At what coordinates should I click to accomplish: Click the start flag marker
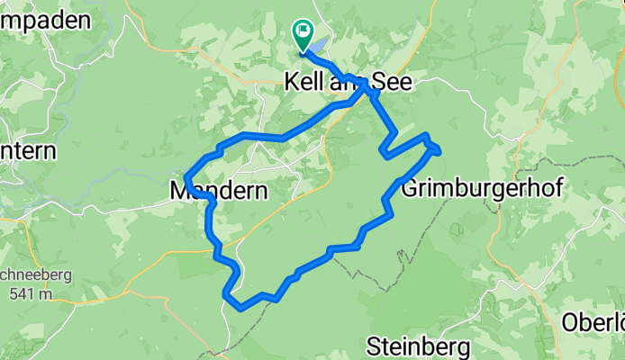pyautogui.click(x=302, y=34)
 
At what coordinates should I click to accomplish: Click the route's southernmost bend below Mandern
pyautogui.click(x=240, y=307)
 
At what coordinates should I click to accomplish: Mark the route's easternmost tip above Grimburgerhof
pyautogui.click(x=439, y=148)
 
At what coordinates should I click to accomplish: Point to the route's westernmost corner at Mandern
pyautogui.click(x=186, y=176)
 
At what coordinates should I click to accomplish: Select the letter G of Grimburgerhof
pyautogui.click(x=409, y=190)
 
